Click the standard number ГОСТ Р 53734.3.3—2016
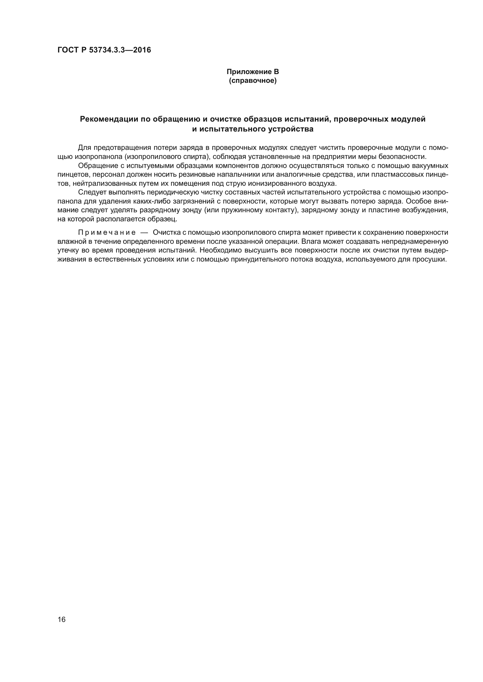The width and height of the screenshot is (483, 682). [x=104, y=50]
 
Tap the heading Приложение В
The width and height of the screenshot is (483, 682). [x=253, y=72]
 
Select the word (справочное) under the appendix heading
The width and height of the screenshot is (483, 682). [x=253, y=80]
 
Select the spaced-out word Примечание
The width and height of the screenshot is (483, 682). [x=107, y=232]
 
